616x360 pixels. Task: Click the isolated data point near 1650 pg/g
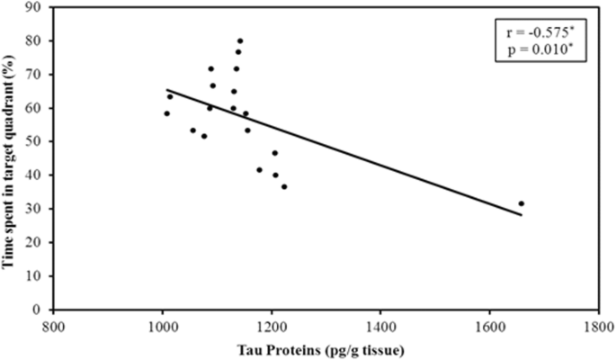[x=521, y=203]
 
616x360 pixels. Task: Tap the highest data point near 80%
[x=240, y=40]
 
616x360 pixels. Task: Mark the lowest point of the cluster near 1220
[x=284, y=186]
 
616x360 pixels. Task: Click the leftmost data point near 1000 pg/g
[x=166, y=113]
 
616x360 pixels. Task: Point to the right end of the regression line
[x=521, y=214]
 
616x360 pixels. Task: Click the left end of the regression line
[x=166, y=90]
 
